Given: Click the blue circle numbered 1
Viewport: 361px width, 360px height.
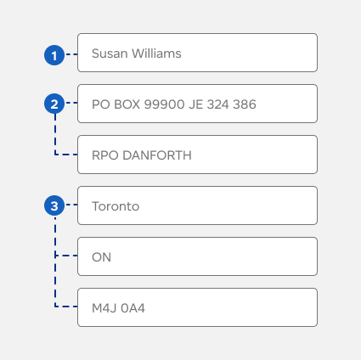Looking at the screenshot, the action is (54, 55).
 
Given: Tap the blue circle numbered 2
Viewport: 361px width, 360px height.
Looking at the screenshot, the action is (54, 104).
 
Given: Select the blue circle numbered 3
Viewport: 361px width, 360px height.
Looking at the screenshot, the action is (54, 205).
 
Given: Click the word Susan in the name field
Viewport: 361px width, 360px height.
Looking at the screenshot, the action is (110, 53).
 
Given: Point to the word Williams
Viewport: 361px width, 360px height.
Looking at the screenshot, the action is (156, 53).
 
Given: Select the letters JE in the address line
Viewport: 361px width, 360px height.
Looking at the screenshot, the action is (196, 104).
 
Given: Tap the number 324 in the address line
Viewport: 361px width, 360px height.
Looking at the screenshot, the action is (217, 104).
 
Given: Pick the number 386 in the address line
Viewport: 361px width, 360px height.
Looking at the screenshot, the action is (245, 104).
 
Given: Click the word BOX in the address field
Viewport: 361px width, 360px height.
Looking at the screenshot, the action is (127, 104).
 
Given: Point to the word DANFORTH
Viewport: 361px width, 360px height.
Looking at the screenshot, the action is (157, 155).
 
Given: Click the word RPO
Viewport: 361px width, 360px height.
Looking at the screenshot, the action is (105, 155).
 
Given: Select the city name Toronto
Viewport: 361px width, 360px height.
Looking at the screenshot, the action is (116, 206).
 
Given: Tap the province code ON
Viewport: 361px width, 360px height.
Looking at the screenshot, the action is (101, 257).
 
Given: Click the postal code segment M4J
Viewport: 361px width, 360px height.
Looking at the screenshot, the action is (104, 308).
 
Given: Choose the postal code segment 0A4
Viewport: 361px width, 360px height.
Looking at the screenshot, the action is (133, 308).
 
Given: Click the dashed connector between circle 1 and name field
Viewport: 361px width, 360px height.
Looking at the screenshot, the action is (71, 54).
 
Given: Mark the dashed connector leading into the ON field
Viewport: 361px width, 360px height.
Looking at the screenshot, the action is (66, 256).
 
